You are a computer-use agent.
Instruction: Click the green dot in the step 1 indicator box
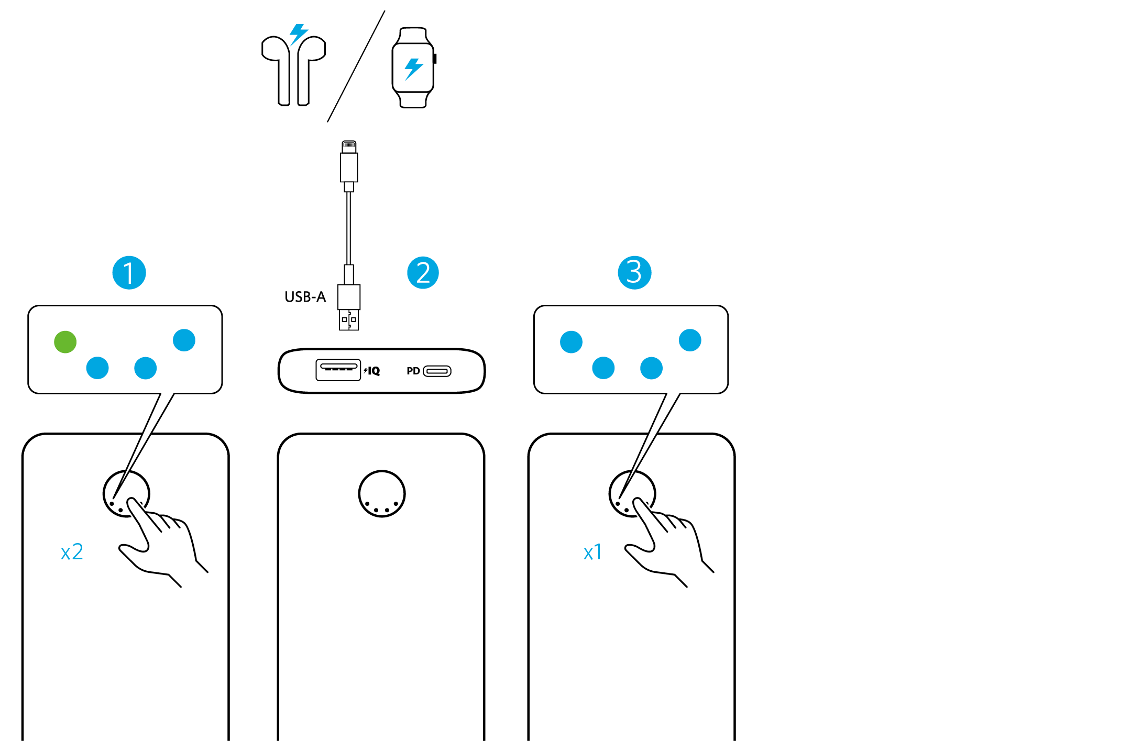click(65, 342)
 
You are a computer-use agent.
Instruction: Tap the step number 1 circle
click(129, 272)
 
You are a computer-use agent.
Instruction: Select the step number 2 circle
click(423, 272)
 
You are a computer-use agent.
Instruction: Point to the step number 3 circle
click(634, 272)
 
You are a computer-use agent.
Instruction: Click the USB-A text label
click(305, 297)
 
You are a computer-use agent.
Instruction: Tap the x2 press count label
click(72, 552)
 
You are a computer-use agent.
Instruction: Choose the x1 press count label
click(592, 552)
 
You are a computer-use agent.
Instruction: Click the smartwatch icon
click(413, 68)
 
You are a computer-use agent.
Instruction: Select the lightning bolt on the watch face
click(413, 69)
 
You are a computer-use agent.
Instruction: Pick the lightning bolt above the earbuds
click(299, 34)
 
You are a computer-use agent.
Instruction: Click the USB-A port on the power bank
click(338, 370)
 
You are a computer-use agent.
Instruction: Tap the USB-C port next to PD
click(437, 371)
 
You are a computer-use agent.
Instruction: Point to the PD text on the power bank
click(413, 371)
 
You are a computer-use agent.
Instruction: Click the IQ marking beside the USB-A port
click(372, 371)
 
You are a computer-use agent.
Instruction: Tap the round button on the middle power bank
click(382, 493)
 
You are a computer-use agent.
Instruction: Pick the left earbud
click(279, 68)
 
